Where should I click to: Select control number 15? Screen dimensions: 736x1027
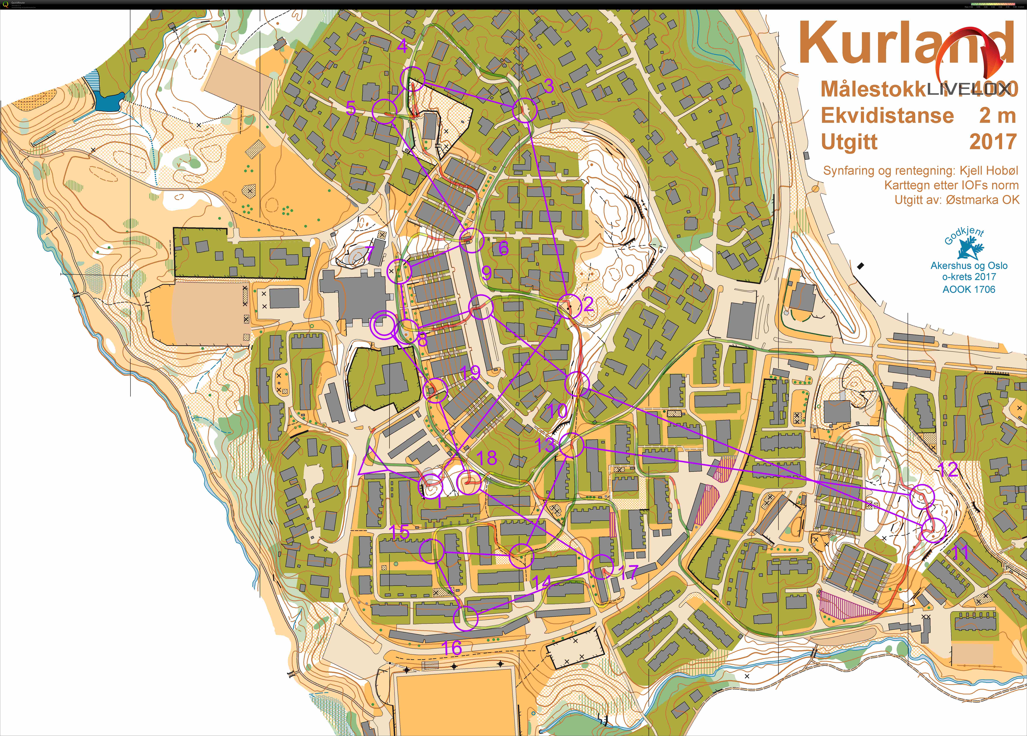[399, 532]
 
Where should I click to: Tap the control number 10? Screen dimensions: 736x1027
[557, 411]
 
